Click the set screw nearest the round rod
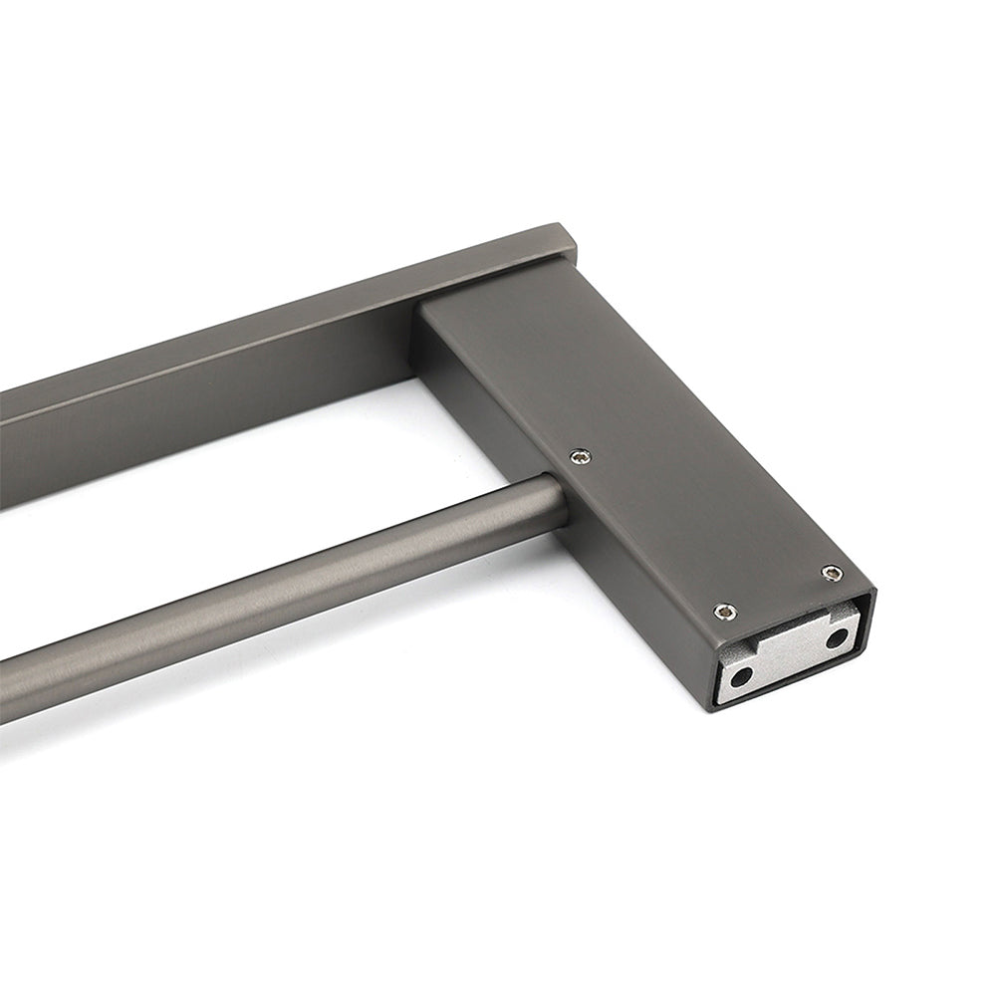580,456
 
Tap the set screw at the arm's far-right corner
832,573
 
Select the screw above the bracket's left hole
725,612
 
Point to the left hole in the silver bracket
740,677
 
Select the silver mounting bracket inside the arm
787,657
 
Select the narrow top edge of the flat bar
299,319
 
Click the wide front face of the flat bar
199,418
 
